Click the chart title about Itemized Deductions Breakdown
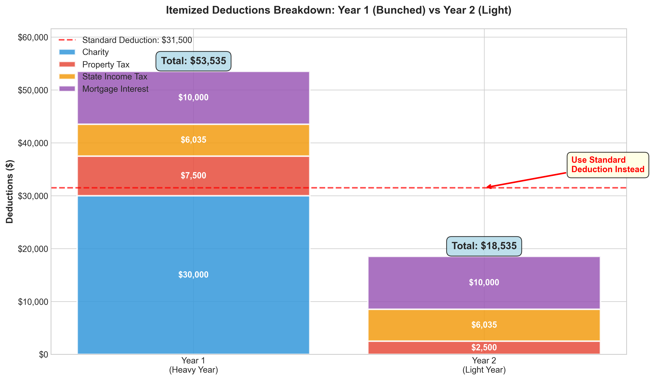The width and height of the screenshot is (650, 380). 338,10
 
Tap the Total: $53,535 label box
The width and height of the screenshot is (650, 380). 193,61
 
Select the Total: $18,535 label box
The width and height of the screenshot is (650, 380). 484,246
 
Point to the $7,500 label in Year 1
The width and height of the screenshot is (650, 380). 193,176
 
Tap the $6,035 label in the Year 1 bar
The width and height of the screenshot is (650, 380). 193,140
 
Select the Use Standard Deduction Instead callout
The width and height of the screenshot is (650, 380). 608,165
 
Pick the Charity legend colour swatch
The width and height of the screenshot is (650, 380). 67,52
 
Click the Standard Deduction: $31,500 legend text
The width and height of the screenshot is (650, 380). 137,40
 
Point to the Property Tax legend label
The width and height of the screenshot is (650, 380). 106,65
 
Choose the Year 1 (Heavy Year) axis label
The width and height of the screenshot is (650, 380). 193,365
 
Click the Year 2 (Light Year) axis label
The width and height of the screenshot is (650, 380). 484,365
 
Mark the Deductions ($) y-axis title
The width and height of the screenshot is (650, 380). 10,191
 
